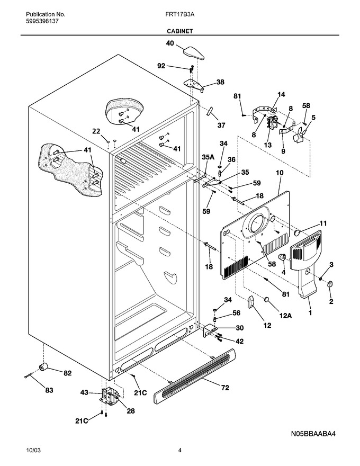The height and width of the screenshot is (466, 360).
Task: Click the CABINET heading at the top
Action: point(179,31)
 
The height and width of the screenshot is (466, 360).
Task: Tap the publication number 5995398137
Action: point(42,21)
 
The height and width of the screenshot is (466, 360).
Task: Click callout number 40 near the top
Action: point(170,43)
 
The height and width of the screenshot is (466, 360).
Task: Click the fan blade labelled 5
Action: point(300,135)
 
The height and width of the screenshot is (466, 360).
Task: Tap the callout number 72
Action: point(225,388)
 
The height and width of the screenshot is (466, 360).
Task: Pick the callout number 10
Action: point(280,173)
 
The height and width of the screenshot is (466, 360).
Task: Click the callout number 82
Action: point(68,373)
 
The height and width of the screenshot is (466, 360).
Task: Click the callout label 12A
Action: point(285,316)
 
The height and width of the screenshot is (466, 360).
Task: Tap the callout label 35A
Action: point(208,157)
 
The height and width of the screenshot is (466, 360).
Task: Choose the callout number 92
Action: point(161,66)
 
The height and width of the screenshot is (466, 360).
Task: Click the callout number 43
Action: point(84,392)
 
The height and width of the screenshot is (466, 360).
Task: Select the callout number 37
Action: point(221,126)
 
